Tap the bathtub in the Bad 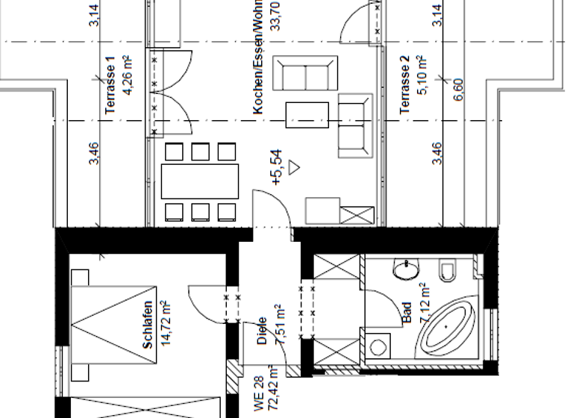[x=447, y=328]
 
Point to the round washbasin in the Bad [x=407, y=269]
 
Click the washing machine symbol [x=378, y=346]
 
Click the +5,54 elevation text [x=277, y=166]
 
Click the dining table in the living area [x=200, y=181]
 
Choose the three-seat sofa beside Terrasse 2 [x=354, y=125]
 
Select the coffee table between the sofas [x=307, y=115]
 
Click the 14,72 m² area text [x=166, y=325]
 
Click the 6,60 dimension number [x=457, y=89]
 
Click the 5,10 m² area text [x=421, y=76]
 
